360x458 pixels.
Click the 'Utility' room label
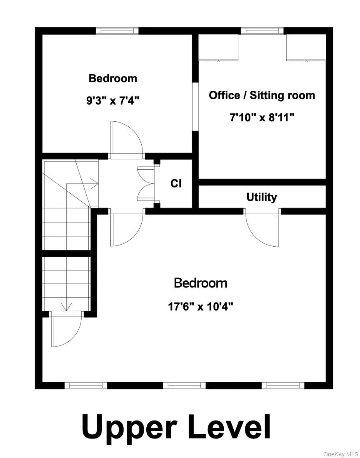[262, 197]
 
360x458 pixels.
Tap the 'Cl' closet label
[176, 183]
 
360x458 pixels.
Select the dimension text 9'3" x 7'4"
[113, 100]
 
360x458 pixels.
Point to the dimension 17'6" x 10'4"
[200, 307]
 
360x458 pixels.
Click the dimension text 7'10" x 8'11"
[262, 118]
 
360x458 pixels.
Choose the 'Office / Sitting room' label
[262, 95]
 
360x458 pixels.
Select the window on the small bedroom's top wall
[117, 30]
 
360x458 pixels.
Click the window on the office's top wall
[262, 30]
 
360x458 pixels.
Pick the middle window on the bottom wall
[184, 385]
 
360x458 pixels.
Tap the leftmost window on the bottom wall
[86, 385]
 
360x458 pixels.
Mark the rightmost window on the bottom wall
[283, 385]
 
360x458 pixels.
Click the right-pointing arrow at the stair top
[93, 183]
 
